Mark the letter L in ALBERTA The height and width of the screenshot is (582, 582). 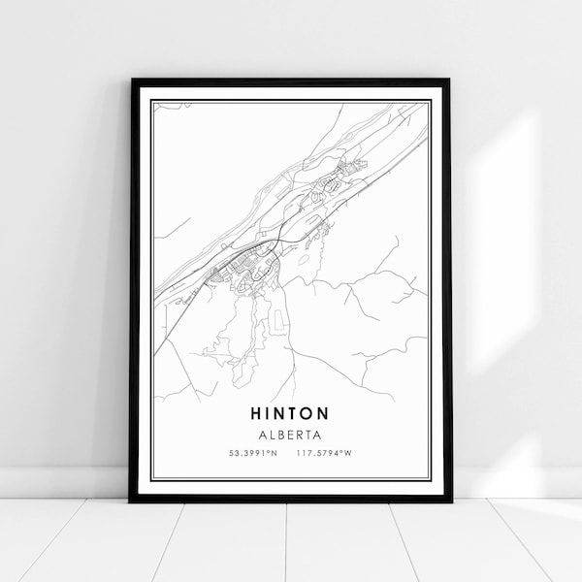pos(269,435)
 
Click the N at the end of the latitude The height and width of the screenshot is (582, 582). pos(276,453)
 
